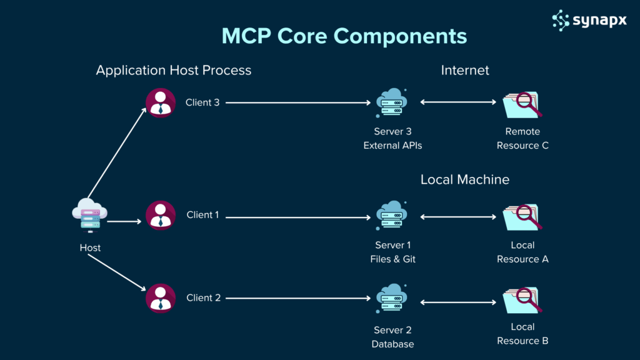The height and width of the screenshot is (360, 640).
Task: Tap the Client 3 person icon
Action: point(161,103)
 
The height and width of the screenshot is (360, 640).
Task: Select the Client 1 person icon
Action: point(161,215)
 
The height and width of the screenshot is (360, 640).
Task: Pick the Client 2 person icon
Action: point(161,298)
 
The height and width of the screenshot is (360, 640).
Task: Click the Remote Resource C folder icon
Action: point(522,105)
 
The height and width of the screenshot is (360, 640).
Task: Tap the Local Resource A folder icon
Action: point(522,217)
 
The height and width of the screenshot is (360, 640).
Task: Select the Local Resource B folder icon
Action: point(522,301)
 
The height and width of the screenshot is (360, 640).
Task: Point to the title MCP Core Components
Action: point(344,36)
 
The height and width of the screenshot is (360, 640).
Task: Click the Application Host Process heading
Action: point(174,70)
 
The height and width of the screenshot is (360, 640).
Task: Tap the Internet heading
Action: point(465,70)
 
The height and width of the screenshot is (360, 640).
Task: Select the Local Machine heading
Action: point(465,180)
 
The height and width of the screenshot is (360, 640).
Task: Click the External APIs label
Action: point(393,146)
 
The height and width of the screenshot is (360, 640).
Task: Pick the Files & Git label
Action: point(393,259)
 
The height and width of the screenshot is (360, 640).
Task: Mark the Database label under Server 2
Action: point(393,344)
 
